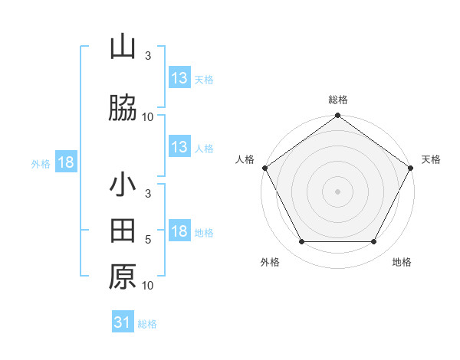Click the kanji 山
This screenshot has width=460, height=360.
pyautogui.click(x=123, y=47)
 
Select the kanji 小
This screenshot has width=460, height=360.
pyautogui.click(x=123, y=186)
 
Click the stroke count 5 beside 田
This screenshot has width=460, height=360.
pyautogui.click(x=148, y=240)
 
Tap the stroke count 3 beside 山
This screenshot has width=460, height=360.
pyautogui.click(x=148, y=56)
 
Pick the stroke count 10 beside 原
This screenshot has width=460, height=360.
pyautogui.click(x=148, y=286)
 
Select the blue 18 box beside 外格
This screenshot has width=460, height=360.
pyautogui.click(x=65, y=163)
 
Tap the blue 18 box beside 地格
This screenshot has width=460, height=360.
pyautogui.click(x=179, y=231)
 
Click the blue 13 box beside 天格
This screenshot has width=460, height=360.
pyautogui.click(x=179, y=78)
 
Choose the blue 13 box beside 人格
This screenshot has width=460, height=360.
pyautogui.click(x=179, y=147)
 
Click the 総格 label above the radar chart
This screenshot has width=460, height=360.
pyautogui.click(x=337, y=100)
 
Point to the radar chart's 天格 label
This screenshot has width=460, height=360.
pyautogui.click(x=431, y=159)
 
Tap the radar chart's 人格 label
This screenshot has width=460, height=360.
pyautogui.click(x=245, y=159)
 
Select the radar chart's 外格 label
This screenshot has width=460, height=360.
pyautogui.click(x=270, y=262)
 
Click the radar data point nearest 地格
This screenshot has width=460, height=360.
pyautogui.click(x=374, y=242)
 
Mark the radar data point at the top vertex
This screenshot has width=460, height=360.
pyautogui.click(x=337, y=116)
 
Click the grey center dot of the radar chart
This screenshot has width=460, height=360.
pyautogui.click(x=337, y=191)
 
